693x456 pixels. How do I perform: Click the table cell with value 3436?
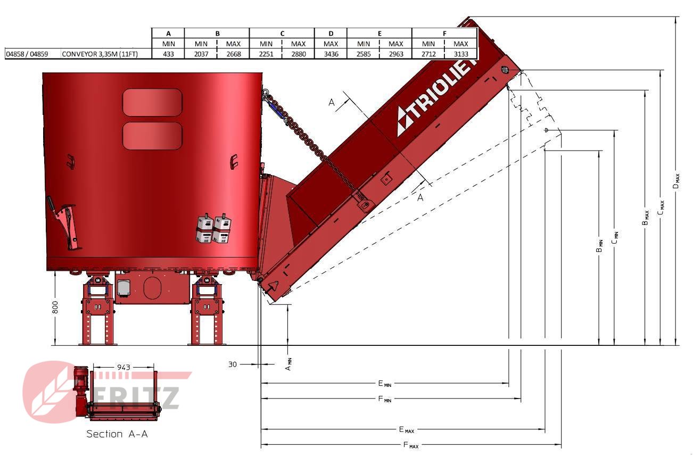331,54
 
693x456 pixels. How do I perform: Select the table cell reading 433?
168,54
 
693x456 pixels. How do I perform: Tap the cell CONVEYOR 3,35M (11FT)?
100,54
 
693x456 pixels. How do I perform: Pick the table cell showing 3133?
460,54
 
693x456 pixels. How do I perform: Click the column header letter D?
331,34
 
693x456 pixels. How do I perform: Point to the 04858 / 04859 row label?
27,54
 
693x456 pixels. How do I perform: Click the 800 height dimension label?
55,307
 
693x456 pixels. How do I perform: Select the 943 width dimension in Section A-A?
123,367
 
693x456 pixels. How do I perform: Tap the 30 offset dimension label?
233,364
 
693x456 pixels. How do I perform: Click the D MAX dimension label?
676,181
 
